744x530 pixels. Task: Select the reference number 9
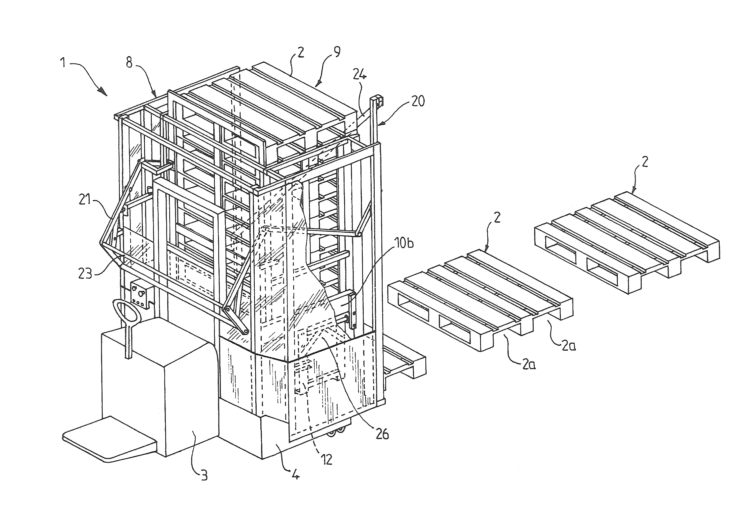[337, 52]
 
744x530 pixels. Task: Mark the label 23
[85, 273]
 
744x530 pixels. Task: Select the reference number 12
[326, 460]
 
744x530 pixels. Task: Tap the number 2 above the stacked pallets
[300, 52]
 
